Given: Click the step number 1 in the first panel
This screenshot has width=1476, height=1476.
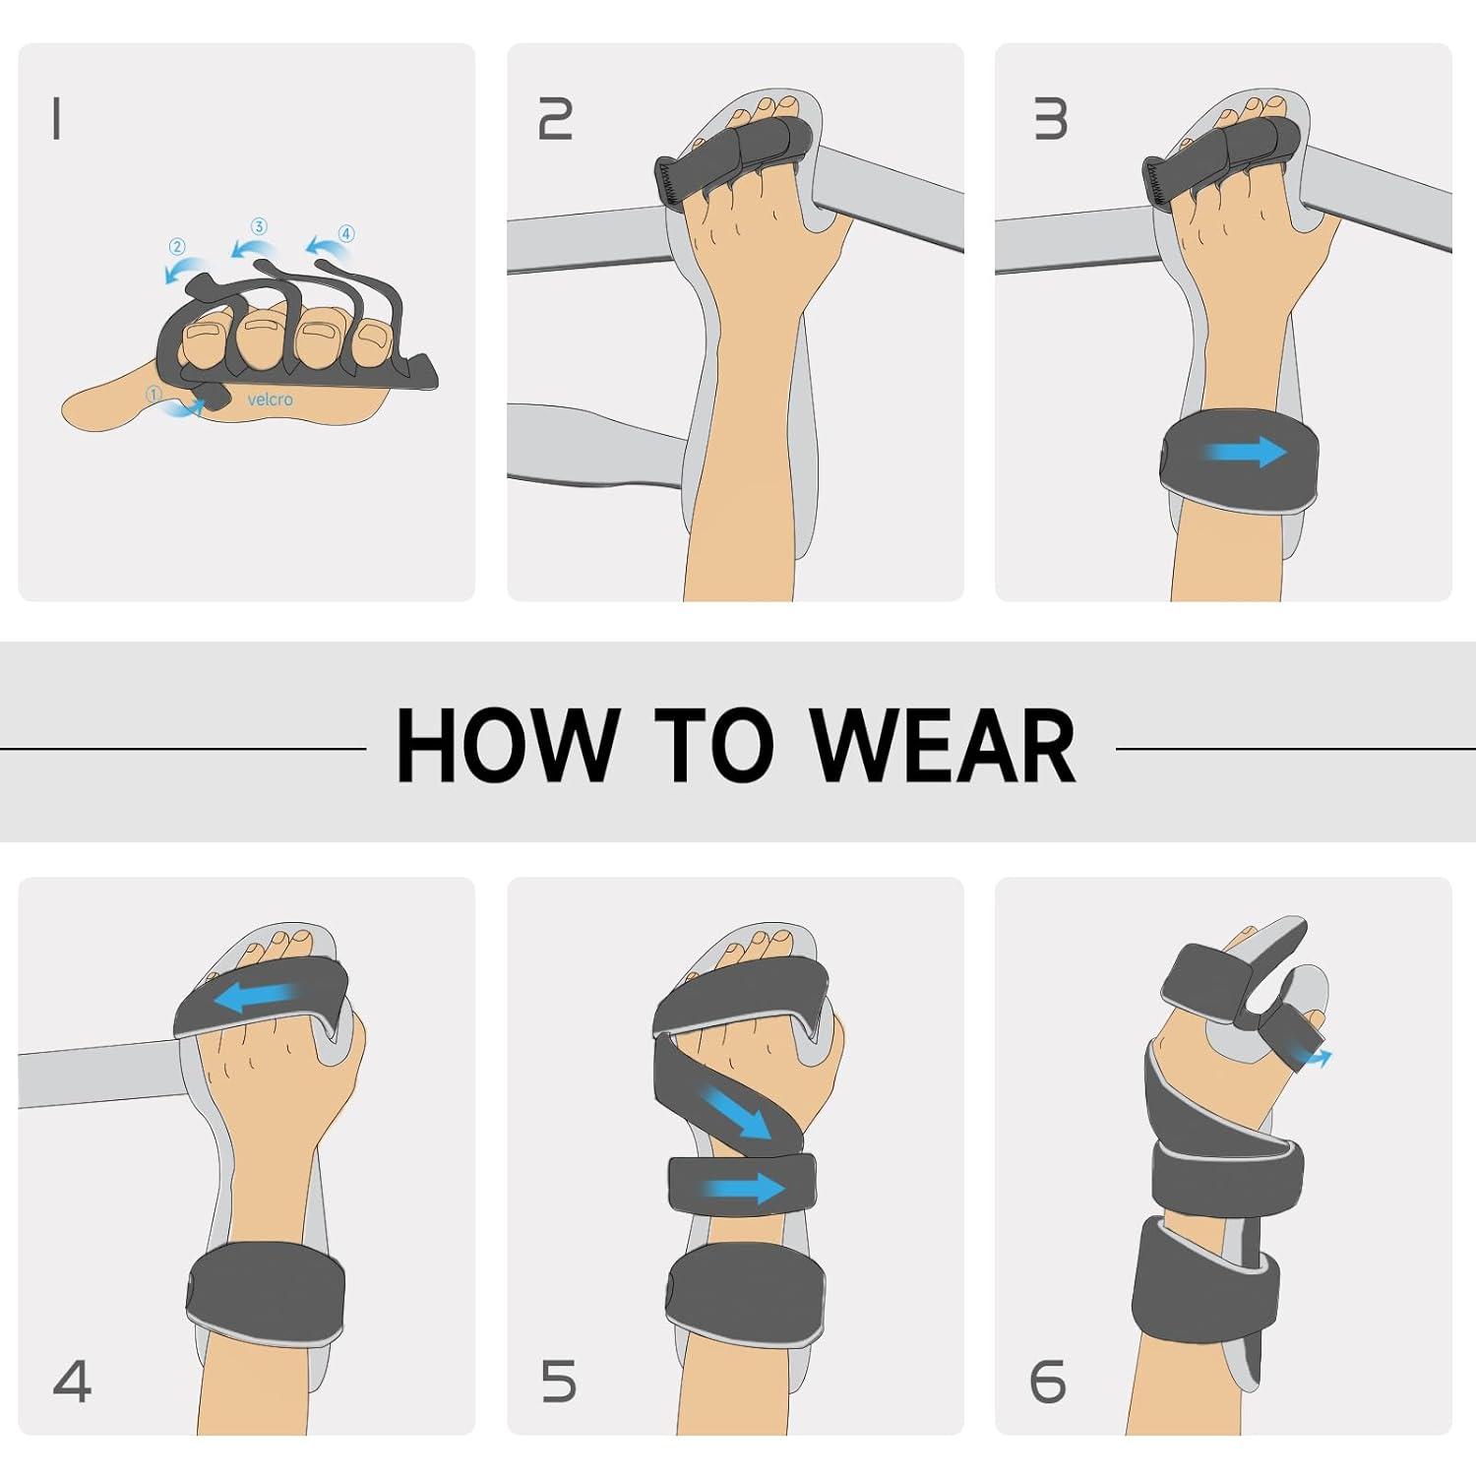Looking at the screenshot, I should (x=57, y=119).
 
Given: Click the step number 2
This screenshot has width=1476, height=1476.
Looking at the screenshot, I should (x=555, y=119).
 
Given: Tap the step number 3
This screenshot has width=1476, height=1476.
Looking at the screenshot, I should (x=1050, y=119).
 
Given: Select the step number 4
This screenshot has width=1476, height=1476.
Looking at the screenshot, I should (x=72, y=1381).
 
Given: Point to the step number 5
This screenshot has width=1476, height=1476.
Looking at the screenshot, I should (x=558, y=1381).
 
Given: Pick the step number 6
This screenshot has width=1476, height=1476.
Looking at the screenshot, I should (x=1048, y=1381).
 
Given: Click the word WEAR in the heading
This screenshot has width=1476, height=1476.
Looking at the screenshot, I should (x=945, y=745).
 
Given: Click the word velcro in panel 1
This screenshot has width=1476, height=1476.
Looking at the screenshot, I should (x=270, y=400).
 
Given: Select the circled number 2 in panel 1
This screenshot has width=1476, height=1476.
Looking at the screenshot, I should (x=177, y=246).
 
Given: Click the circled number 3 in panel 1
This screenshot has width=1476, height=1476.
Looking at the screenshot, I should (x=259, y=226).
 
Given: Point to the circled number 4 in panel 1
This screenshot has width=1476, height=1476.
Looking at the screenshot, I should (x=345, y=233).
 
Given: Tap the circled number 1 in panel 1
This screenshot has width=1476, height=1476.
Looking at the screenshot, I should (x=154, y=394).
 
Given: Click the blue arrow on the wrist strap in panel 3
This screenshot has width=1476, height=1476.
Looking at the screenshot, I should (x=1246, y=453).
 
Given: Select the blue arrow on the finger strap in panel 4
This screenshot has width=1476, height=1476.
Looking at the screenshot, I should (x=256, y=998).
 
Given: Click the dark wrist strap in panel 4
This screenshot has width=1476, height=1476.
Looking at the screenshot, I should (x=266, y=1291).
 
